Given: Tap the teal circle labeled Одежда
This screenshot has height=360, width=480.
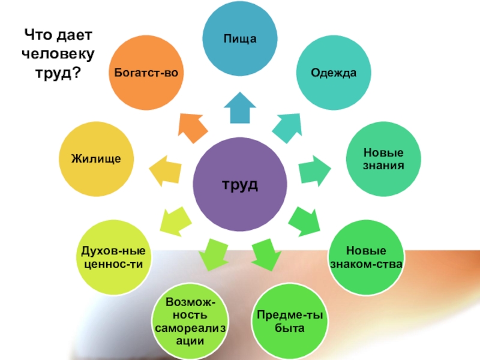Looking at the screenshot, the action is (334, 73).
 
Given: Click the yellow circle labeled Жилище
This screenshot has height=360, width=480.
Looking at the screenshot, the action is (97, 159).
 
